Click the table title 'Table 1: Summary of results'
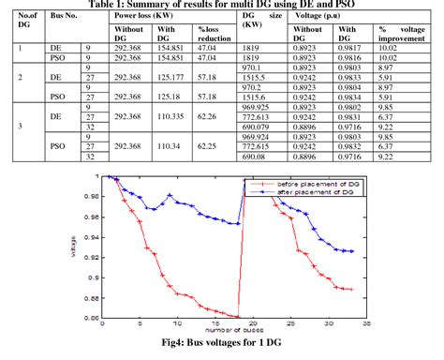point(222,4)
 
